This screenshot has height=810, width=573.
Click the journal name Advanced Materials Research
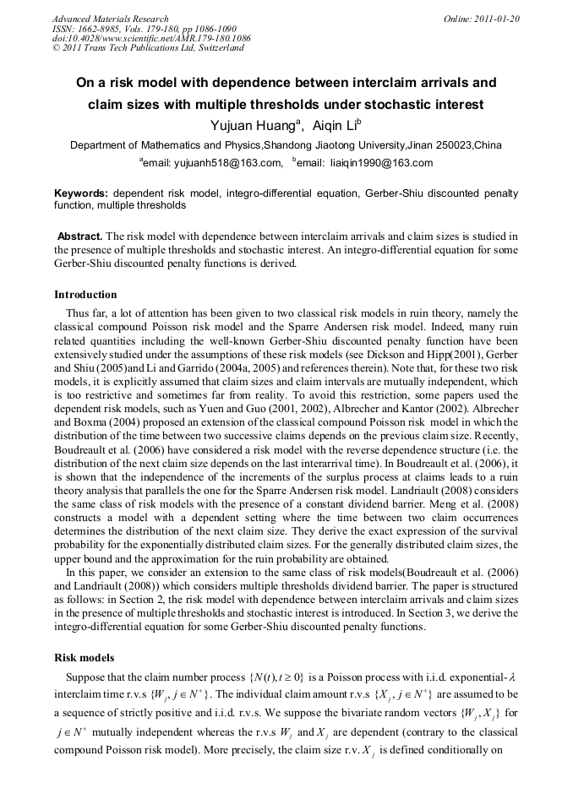click(x=110, y=19)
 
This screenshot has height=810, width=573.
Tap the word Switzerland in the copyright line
click(x=215, y=48)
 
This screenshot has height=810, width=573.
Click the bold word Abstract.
click(x=80, y=236)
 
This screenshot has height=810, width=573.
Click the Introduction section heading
click(x=85, y=295)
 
